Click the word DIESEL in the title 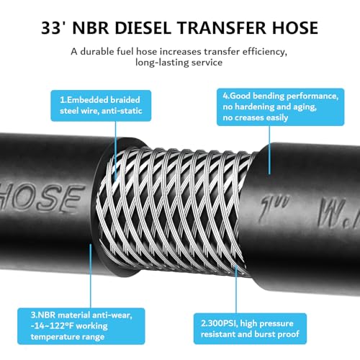click(143, 28)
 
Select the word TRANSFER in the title click(222, 28)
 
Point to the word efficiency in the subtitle click(264, 52)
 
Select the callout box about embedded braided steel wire click(101, 106)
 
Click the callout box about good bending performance click(280, 107)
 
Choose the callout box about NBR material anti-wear click(81, 326)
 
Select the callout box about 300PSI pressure click(250, 328)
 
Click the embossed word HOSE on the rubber click(42, 197)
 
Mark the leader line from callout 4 click(269, 150)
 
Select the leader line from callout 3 click(91, 276)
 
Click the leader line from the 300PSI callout click(236, 289)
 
